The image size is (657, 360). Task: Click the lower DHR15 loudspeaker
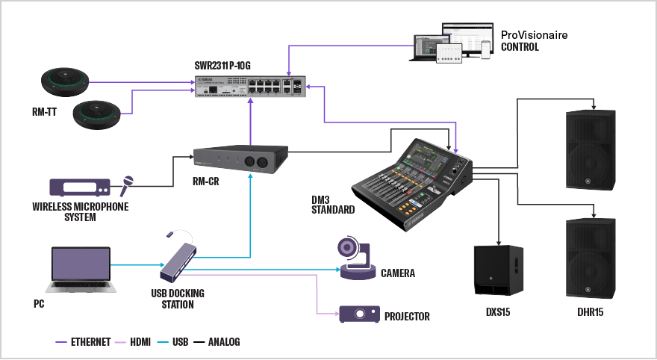point(591,257)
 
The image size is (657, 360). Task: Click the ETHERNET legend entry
point(84,342)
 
